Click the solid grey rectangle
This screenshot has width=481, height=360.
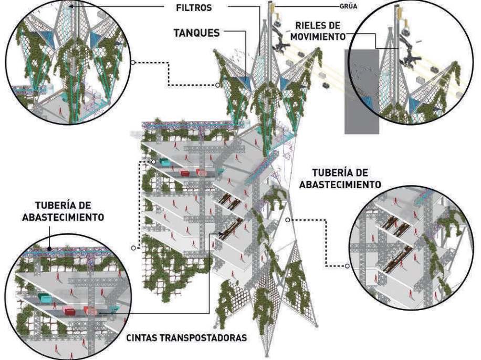click(x=362, y=91)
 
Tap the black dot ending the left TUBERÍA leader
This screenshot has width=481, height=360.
click(x=48, y=249)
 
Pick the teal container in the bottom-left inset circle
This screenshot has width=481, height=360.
click(x=45, y=299)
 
